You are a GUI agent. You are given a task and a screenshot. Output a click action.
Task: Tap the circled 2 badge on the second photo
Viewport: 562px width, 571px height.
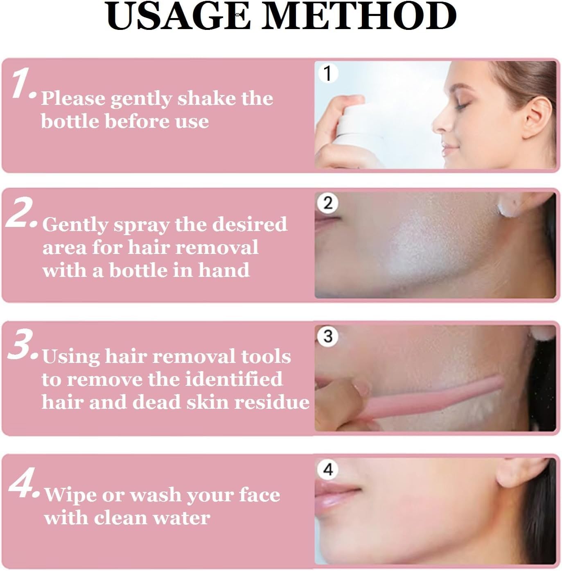[x=328, y=203]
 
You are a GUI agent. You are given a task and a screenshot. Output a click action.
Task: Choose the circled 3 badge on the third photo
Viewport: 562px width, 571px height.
[x=328, y=336]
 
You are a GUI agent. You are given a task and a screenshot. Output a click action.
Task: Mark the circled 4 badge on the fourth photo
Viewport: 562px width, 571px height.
[x=328, y=470]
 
